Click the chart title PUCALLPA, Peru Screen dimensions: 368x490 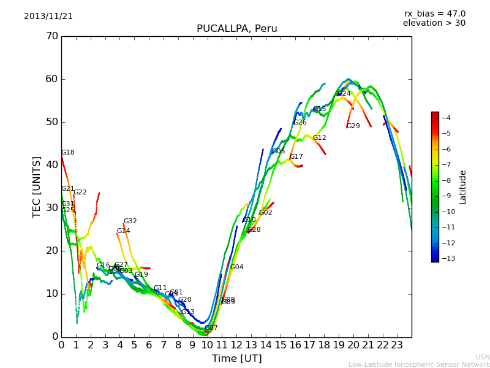[x=236, y=29]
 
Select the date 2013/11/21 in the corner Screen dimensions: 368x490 [x=48, y=17]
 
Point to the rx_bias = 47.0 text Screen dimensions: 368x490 [x=434, y=14]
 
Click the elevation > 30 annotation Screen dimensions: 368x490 [x=434, y=23]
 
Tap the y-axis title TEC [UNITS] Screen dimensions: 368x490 [x=37, y=186]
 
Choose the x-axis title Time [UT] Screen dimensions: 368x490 [x=236, y=359]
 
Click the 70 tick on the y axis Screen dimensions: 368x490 [x=51, y=36]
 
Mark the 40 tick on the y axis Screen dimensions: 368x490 [x=51, y=165]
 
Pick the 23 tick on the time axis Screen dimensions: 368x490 [x=397, y=345]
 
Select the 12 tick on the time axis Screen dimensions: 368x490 [x=236, y=345]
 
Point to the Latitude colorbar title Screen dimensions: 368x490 [x=463, y=187]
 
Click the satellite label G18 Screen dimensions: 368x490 [x=67, y=153]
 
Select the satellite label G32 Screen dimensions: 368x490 [x=130, y=221]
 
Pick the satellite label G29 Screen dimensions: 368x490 [x=353, y=126]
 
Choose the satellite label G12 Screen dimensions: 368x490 [x=319, y=138]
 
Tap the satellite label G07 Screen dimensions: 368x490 [x=211, y=328]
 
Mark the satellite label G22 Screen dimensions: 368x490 [x=80, y=193]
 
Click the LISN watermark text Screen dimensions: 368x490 [x=482, y=357]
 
